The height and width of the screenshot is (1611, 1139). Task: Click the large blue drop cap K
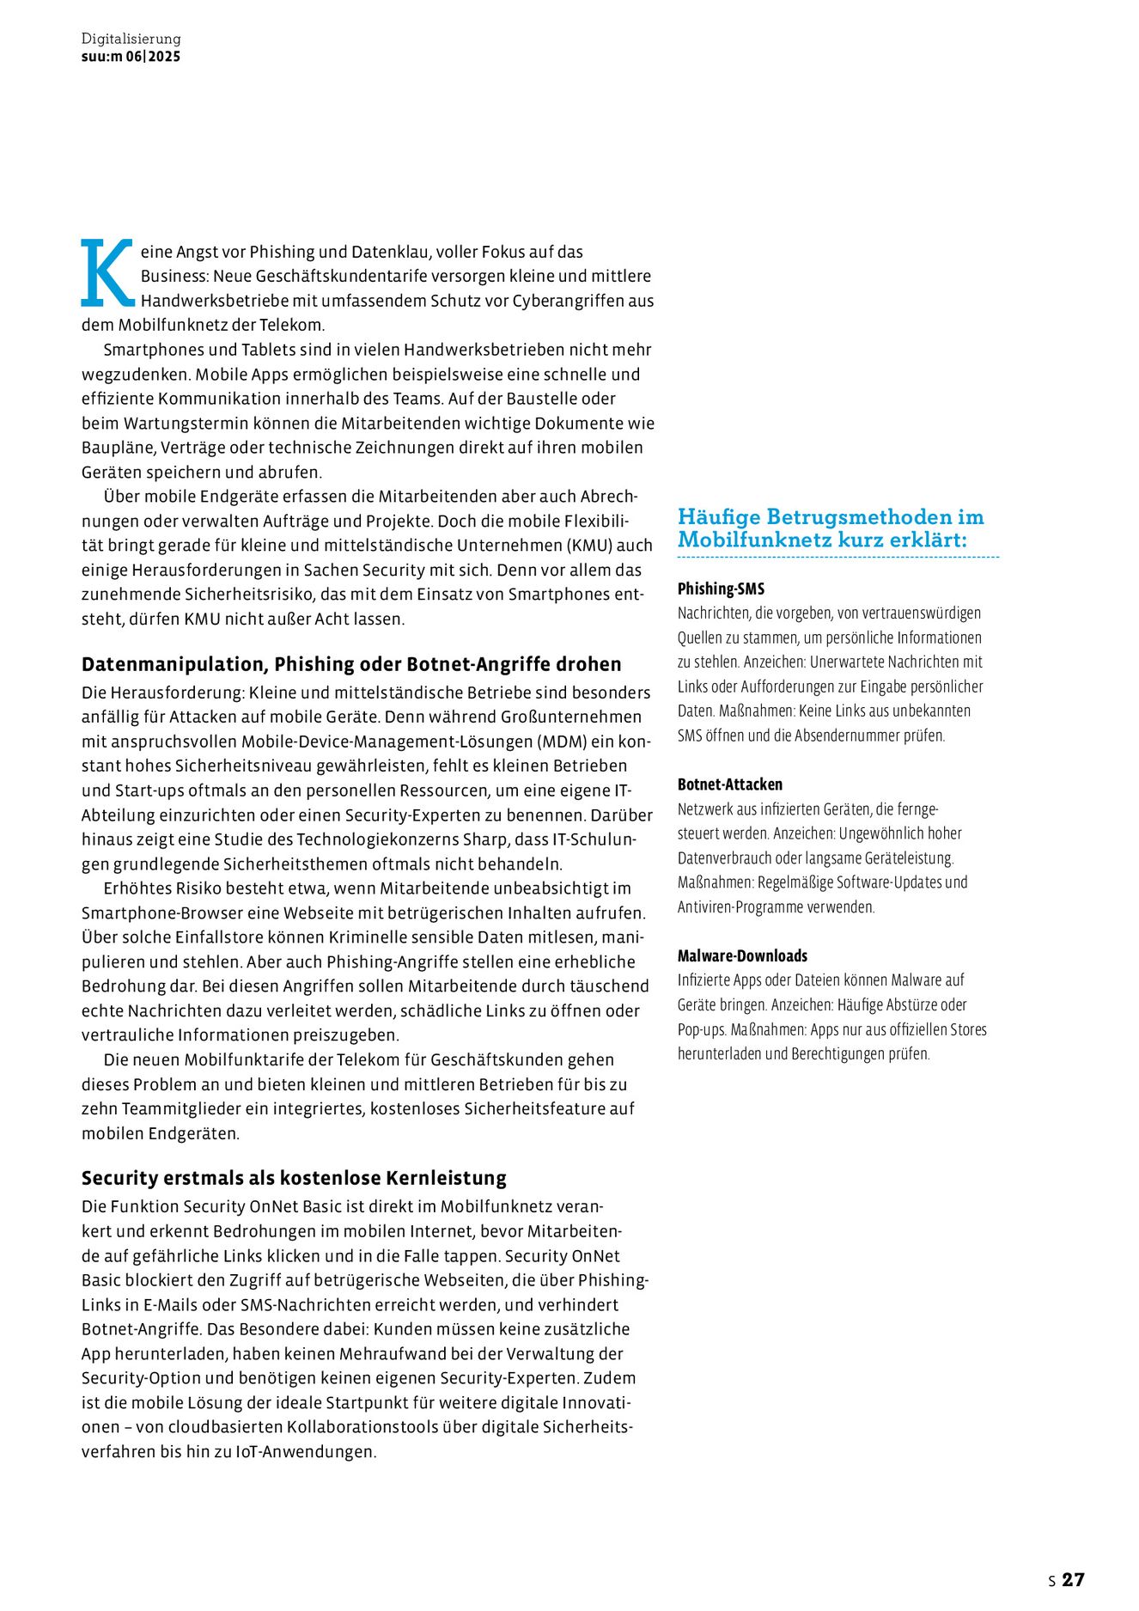(107, 273)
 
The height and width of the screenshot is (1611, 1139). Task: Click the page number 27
(1073, 1579)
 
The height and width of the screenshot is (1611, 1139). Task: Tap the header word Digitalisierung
(131, 39)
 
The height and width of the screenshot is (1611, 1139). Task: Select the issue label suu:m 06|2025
(131, 57)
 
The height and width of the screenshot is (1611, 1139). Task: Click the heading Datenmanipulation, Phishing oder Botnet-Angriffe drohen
(350, 664)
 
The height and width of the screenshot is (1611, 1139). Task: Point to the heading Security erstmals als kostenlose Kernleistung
(294, 1178)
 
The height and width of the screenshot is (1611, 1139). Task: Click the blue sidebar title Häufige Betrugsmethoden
(830, 528)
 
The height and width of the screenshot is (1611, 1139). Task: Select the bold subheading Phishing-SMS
(721, 589)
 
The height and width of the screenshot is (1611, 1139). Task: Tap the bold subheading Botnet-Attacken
(729, 784)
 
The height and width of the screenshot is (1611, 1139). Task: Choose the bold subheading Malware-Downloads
(742, 955)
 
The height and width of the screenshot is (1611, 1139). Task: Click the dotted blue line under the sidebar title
(837, 558)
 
